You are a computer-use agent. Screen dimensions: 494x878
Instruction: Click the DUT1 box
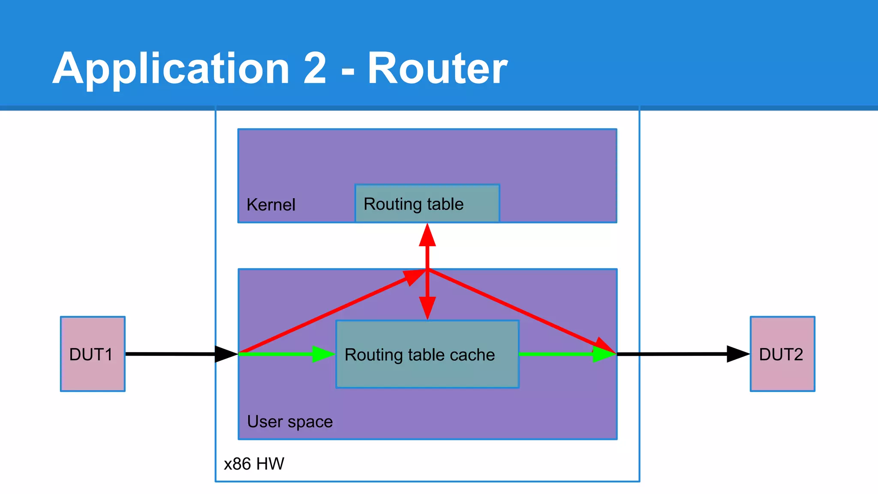pos(93,354)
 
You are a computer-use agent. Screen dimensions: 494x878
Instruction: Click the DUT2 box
pos(782,354)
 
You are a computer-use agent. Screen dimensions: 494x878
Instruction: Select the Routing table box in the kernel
pos(427,204)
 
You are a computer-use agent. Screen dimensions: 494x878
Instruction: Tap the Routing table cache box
pos(427,354)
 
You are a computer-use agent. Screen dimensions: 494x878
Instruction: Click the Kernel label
pos(271,205)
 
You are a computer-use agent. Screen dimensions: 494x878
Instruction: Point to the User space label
pos(290,422)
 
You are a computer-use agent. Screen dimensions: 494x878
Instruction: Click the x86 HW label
pos(254,464)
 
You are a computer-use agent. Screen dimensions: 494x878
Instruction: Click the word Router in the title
pos(437,69)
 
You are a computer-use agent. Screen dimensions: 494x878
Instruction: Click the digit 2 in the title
pos(315,69)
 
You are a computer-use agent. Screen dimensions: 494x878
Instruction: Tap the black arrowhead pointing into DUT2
pos(737,354)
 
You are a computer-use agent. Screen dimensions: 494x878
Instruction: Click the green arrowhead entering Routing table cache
pos(323,354)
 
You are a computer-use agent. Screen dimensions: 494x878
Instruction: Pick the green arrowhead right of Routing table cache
pos(604,354)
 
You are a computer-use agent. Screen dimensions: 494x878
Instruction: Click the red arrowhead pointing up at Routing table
pos(427,236)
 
